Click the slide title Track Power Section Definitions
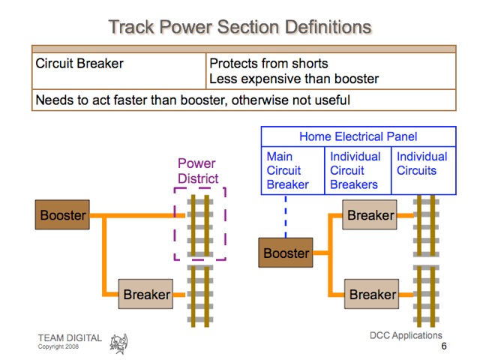(240, 27)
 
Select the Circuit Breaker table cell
(79, 64)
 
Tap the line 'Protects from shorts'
(268, 64)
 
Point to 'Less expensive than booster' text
(294, 79)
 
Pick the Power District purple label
(197, 171)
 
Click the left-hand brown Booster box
(63, 216)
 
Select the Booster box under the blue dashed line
(286, 253)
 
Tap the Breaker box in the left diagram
(147, 295)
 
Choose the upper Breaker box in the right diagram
(370, 216)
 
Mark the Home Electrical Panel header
(358, 136)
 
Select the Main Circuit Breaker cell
(288, 171)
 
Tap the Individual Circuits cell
(422, 164)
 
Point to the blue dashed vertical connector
(286, 217)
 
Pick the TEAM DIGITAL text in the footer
(70, 338)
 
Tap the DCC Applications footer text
(406, 335)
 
